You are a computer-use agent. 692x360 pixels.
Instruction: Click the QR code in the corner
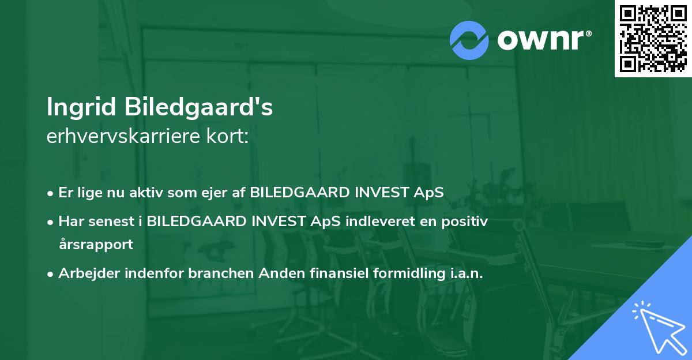pos(653,39)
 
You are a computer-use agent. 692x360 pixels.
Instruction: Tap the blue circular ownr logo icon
pos(469,40)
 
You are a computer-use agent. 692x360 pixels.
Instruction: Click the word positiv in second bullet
pos(468,221)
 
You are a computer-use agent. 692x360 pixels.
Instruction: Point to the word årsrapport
pos(96,244)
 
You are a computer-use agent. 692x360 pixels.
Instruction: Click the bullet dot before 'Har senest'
pos(51,222)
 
